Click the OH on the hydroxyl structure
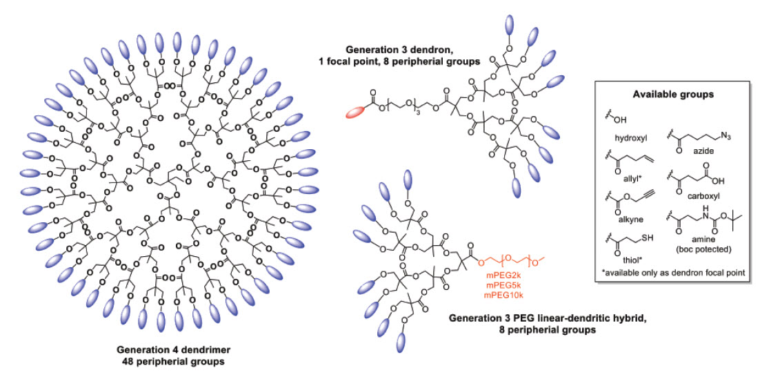point(620,118)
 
